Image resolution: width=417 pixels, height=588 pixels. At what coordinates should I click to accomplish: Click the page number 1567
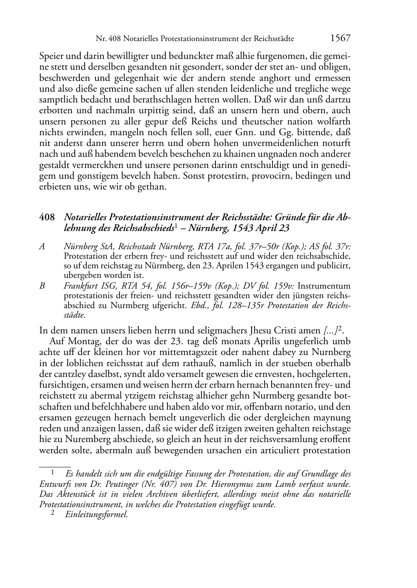[341, 39]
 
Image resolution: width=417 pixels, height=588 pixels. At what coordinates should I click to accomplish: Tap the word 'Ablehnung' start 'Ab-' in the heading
[343, 217]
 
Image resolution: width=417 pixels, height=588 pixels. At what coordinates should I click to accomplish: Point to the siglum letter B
[42, 286]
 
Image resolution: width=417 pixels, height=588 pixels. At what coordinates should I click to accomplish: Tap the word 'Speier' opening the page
[50, 56]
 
